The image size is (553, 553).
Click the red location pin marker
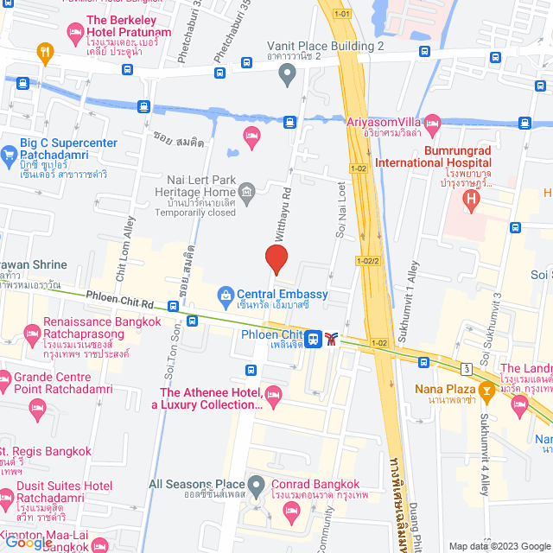tap(276, 259)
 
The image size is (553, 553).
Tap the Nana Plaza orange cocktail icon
tap(486, 389)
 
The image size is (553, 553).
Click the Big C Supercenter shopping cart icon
tap(10, 156)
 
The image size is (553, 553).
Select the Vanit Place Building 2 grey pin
tap(287, 74)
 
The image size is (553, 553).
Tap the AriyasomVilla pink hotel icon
tap(432, 122)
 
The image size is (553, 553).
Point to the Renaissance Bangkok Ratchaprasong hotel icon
tap(30, 332)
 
